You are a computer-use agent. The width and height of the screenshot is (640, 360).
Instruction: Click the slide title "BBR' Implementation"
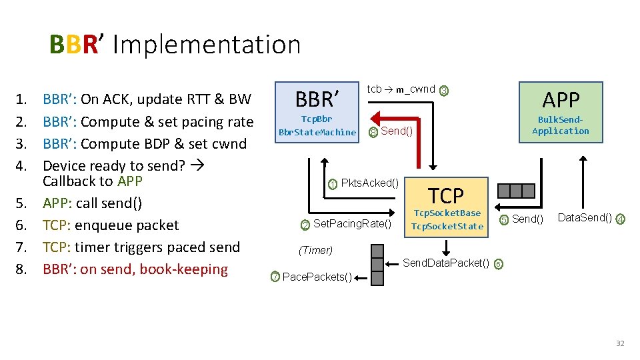175,45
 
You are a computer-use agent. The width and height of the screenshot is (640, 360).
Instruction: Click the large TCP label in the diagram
445,196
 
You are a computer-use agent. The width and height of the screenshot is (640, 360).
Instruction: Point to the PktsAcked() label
369,183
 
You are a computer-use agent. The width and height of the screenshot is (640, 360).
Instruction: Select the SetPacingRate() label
352,223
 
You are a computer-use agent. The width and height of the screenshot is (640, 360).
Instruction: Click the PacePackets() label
317,277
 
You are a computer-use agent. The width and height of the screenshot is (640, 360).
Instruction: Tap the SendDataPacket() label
446,263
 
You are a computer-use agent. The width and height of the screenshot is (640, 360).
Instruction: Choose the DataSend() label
585,218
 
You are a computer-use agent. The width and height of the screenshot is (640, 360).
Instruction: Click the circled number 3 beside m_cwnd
445,91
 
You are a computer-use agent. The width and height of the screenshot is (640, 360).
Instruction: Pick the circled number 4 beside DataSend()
620,219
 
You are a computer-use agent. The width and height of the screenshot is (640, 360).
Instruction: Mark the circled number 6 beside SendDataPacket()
499,263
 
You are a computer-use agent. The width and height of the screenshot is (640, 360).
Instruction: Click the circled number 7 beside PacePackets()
275,277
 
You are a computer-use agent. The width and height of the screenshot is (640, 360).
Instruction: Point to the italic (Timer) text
315,251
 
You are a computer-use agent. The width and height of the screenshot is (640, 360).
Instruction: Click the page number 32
620,343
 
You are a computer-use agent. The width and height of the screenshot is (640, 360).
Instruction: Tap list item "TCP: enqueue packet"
111,225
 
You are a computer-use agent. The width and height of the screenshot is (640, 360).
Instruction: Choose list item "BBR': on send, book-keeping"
135,269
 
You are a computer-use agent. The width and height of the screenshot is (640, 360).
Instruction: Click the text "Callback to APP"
93,181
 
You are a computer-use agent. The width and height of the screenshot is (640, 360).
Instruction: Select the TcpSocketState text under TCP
447,226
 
